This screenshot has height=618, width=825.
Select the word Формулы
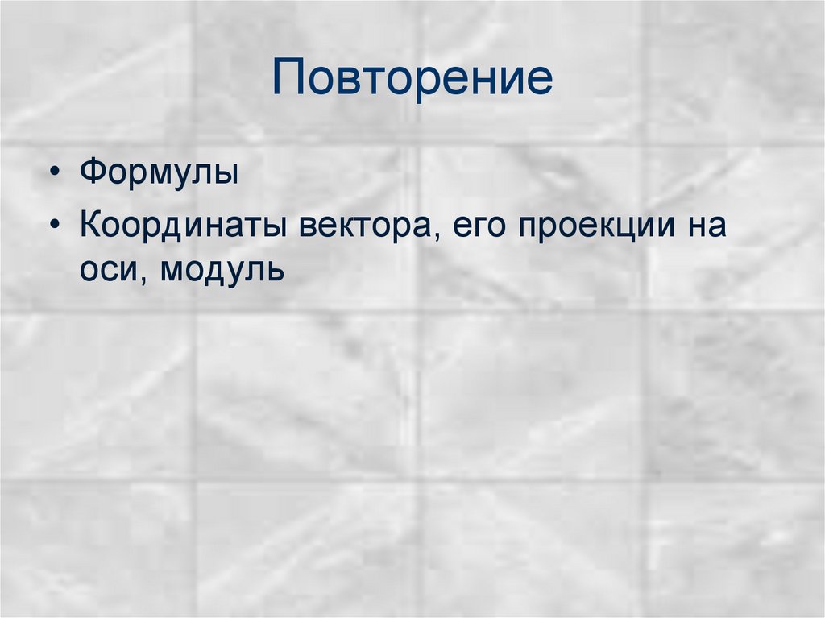coord(158,174)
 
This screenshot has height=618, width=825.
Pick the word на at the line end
coord(707,226)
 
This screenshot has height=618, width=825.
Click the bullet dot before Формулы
coord(54,176)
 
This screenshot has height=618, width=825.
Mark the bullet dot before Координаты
coord(54,226)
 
